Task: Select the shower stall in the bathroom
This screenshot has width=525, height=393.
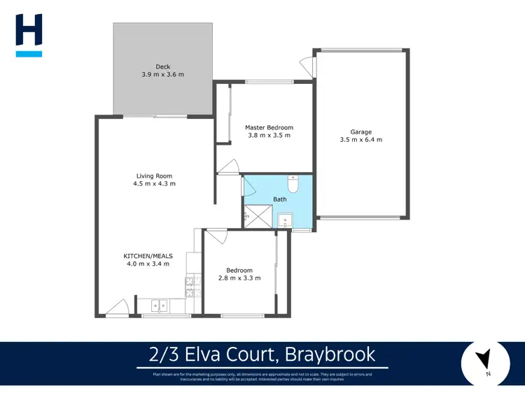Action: [258, 217]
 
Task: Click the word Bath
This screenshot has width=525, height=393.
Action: [279, 199]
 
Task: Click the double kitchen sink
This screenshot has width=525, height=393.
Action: [158, 306]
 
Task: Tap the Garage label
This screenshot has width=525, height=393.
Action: [361, 131]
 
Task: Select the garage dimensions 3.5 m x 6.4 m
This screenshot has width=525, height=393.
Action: [361, 140]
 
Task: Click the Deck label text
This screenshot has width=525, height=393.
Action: [163, 66]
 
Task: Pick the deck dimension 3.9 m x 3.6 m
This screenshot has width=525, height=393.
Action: [163, 75]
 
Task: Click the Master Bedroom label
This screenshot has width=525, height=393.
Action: [269, 127]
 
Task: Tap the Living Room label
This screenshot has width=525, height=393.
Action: [154, 176]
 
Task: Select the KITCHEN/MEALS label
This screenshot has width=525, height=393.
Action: [148, 256]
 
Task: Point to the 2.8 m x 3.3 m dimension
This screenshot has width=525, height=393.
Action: [239, 278]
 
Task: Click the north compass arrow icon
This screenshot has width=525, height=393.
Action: [483, 361]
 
